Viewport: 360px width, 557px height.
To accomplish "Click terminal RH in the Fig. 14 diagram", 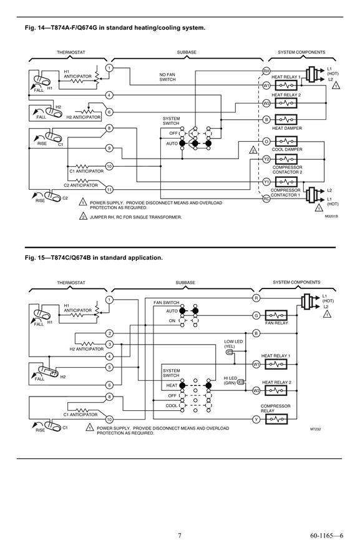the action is [266, 71].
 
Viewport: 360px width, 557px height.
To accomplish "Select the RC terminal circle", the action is [266, 199].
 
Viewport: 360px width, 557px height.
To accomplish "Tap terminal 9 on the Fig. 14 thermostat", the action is [109, 148].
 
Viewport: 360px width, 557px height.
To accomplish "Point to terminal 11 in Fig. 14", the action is [109, 190].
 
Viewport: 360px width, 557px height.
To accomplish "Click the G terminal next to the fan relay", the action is [256, 315].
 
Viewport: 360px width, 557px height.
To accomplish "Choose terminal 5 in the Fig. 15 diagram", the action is [109, 367].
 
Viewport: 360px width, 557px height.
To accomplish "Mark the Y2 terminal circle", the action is [266, 159].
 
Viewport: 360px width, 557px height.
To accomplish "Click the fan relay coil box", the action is [276, 315].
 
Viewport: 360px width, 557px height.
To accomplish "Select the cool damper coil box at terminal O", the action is [286, 141].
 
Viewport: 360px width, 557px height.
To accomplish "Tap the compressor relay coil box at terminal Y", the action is [276, 420].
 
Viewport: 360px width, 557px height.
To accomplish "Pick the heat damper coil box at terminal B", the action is [286, 120].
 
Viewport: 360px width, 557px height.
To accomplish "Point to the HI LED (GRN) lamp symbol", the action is [241, 383].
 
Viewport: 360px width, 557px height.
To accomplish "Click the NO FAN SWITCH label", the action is [167, 77].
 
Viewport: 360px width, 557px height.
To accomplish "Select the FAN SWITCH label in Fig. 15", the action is [166, 303].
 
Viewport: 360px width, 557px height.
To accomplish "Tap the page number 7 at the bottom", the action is [180, 535].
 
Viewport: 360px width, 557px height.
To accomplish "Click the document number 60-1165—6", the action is [327, 535].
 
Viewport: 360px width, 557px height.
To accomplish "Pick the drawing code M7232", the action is [315, 429].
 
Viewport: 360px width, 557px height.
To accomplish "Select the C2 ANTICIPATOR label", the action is [80, 185].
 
